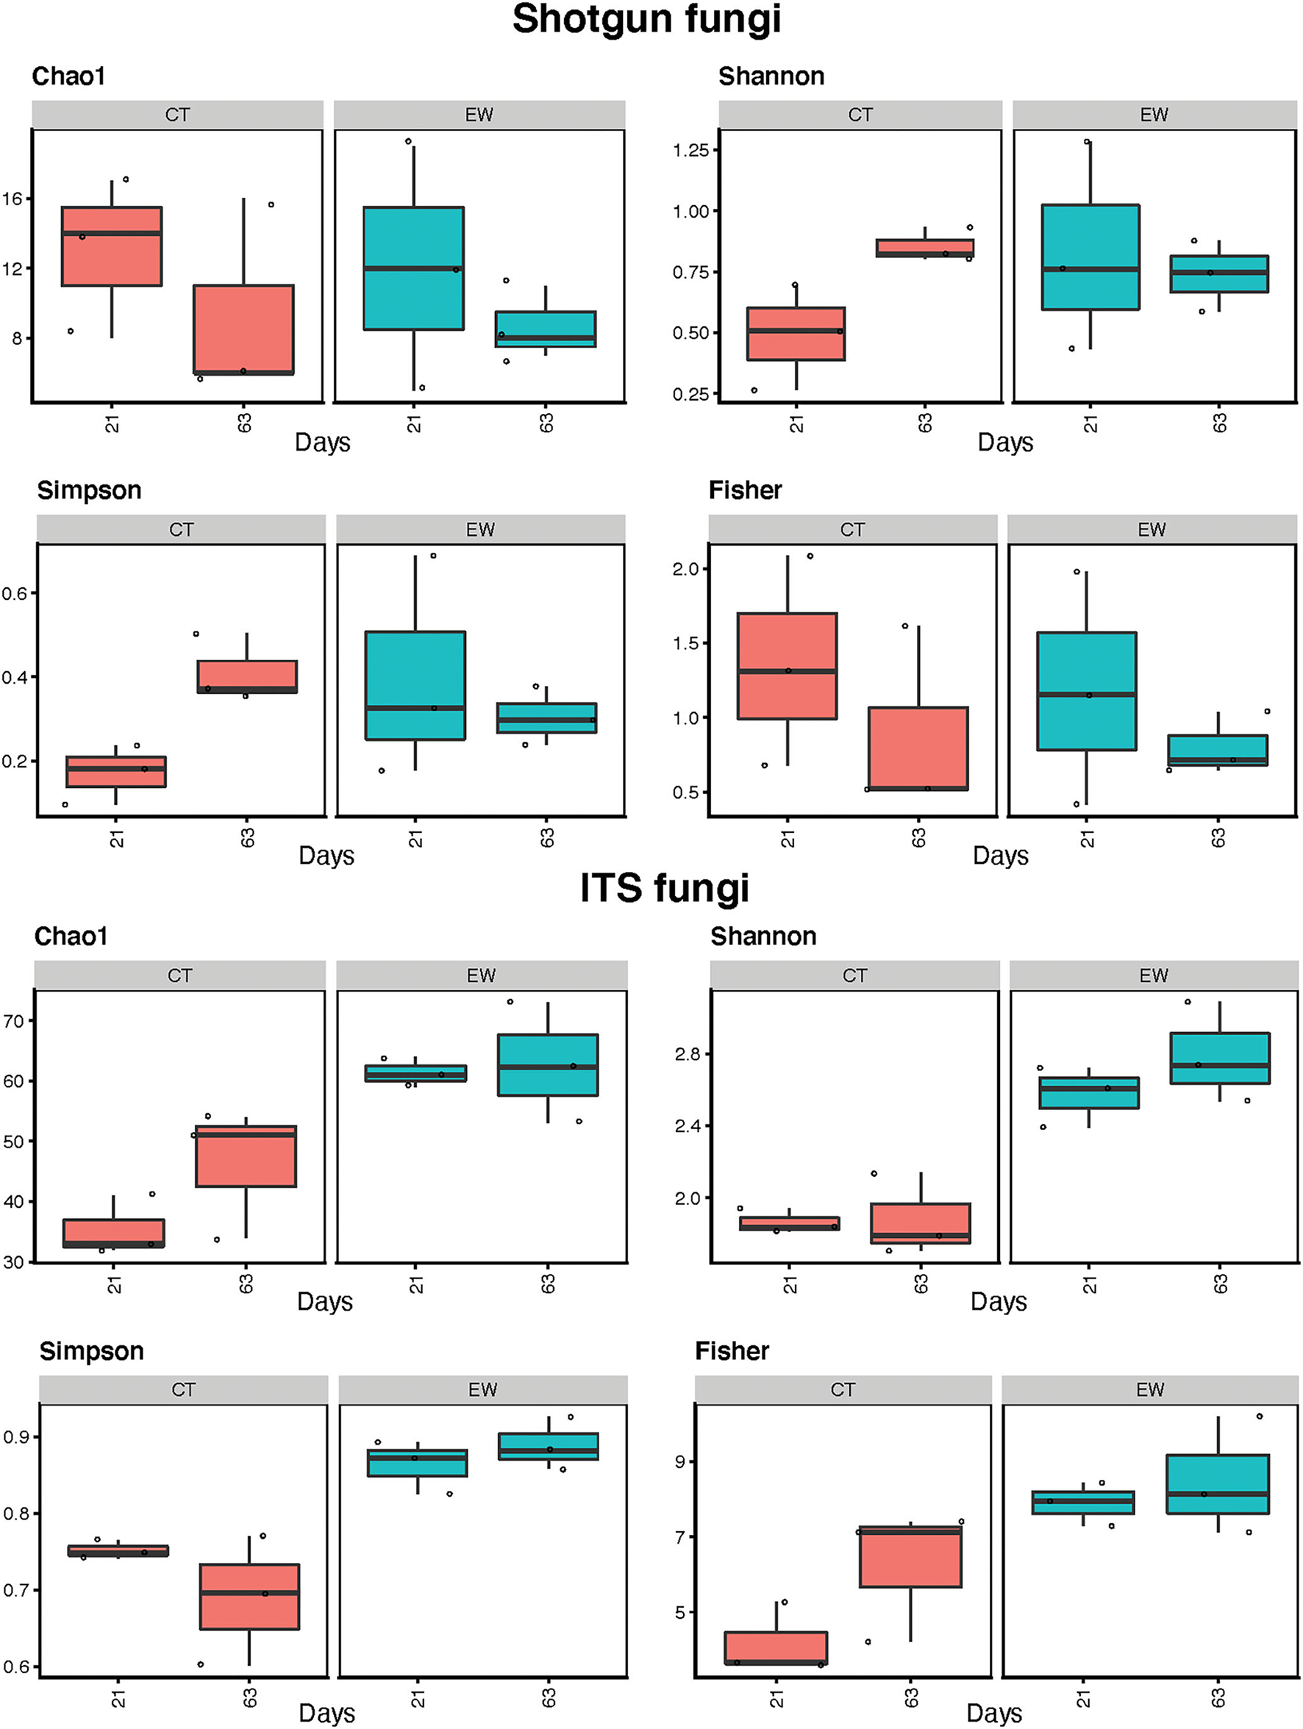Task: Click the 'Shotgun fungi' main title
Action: (646, 19)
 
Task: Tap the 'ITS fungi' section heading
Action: (665, 888)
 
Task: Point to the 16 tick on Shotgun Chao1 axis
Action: (13, 198)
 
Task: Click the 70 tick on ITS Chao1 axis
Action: (14, 1021)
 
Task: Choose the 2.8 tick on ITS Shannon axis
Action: (688, 1054)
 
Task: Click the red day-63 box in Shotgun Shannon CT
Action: (925, 248)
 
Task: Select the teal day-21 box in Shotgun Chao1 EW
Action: (413, 268)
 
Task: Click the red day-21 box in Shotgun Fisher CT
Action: (787, 665)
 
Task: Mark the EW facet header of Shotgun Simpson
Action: (481, 529)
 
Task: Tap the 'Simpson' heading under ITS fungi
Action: (91, 1350)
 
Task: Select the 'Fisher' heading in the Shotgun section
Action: (745, 490)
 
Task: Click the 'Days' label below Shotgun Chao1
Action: (322, 443)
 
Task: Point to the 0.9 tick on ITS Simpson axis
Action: (15, 1436)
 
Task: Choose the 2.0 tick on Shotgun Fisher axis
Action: (685, 569)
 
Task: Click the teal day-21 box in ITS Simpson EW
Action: (418, 1462)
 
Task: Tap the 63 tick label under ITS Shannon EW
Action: (1220, 1284)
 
